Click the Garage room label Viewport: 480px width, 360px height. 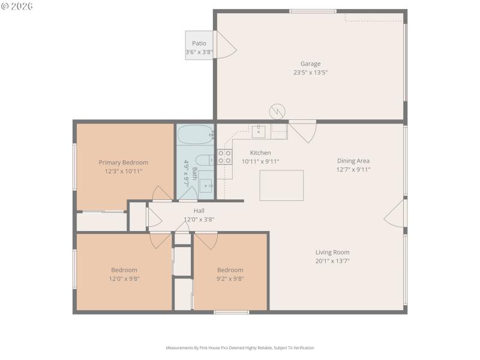click(310, 64)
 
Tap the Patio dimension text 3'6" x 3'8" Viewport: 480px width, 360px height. click(199, 53)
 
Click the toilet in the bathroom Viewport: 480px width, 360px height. click(204, 160)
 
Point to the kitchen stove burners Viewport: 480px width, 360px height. click(224, 157)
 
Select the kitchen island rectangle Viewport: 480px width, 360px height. click(281, 185)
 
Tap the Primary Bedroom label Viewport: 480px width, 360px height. click(123, 163)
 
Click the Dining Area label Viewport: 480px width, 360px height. click(353, 160)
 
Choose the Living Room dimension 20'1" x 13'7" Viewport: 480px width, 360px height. click(332, 261)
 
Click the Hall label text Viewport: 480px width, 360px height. click(199, 211)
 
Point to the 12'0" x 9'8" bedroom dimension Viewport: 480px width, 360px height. click(124, 278)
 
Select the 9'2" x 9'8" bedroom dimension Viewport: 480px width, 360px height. click(230, 278)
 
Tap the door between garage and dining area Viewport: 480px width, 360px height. click(304, 131)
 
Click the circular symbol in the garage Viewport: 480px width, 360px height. click(277, 111)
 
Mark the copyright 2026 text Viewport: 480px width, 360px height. click(17, 6)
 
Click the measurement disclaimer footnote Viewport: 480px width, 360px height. click(239, 347)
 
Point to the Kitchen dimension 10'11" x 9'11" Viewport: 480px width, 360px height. click(260, 161)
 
